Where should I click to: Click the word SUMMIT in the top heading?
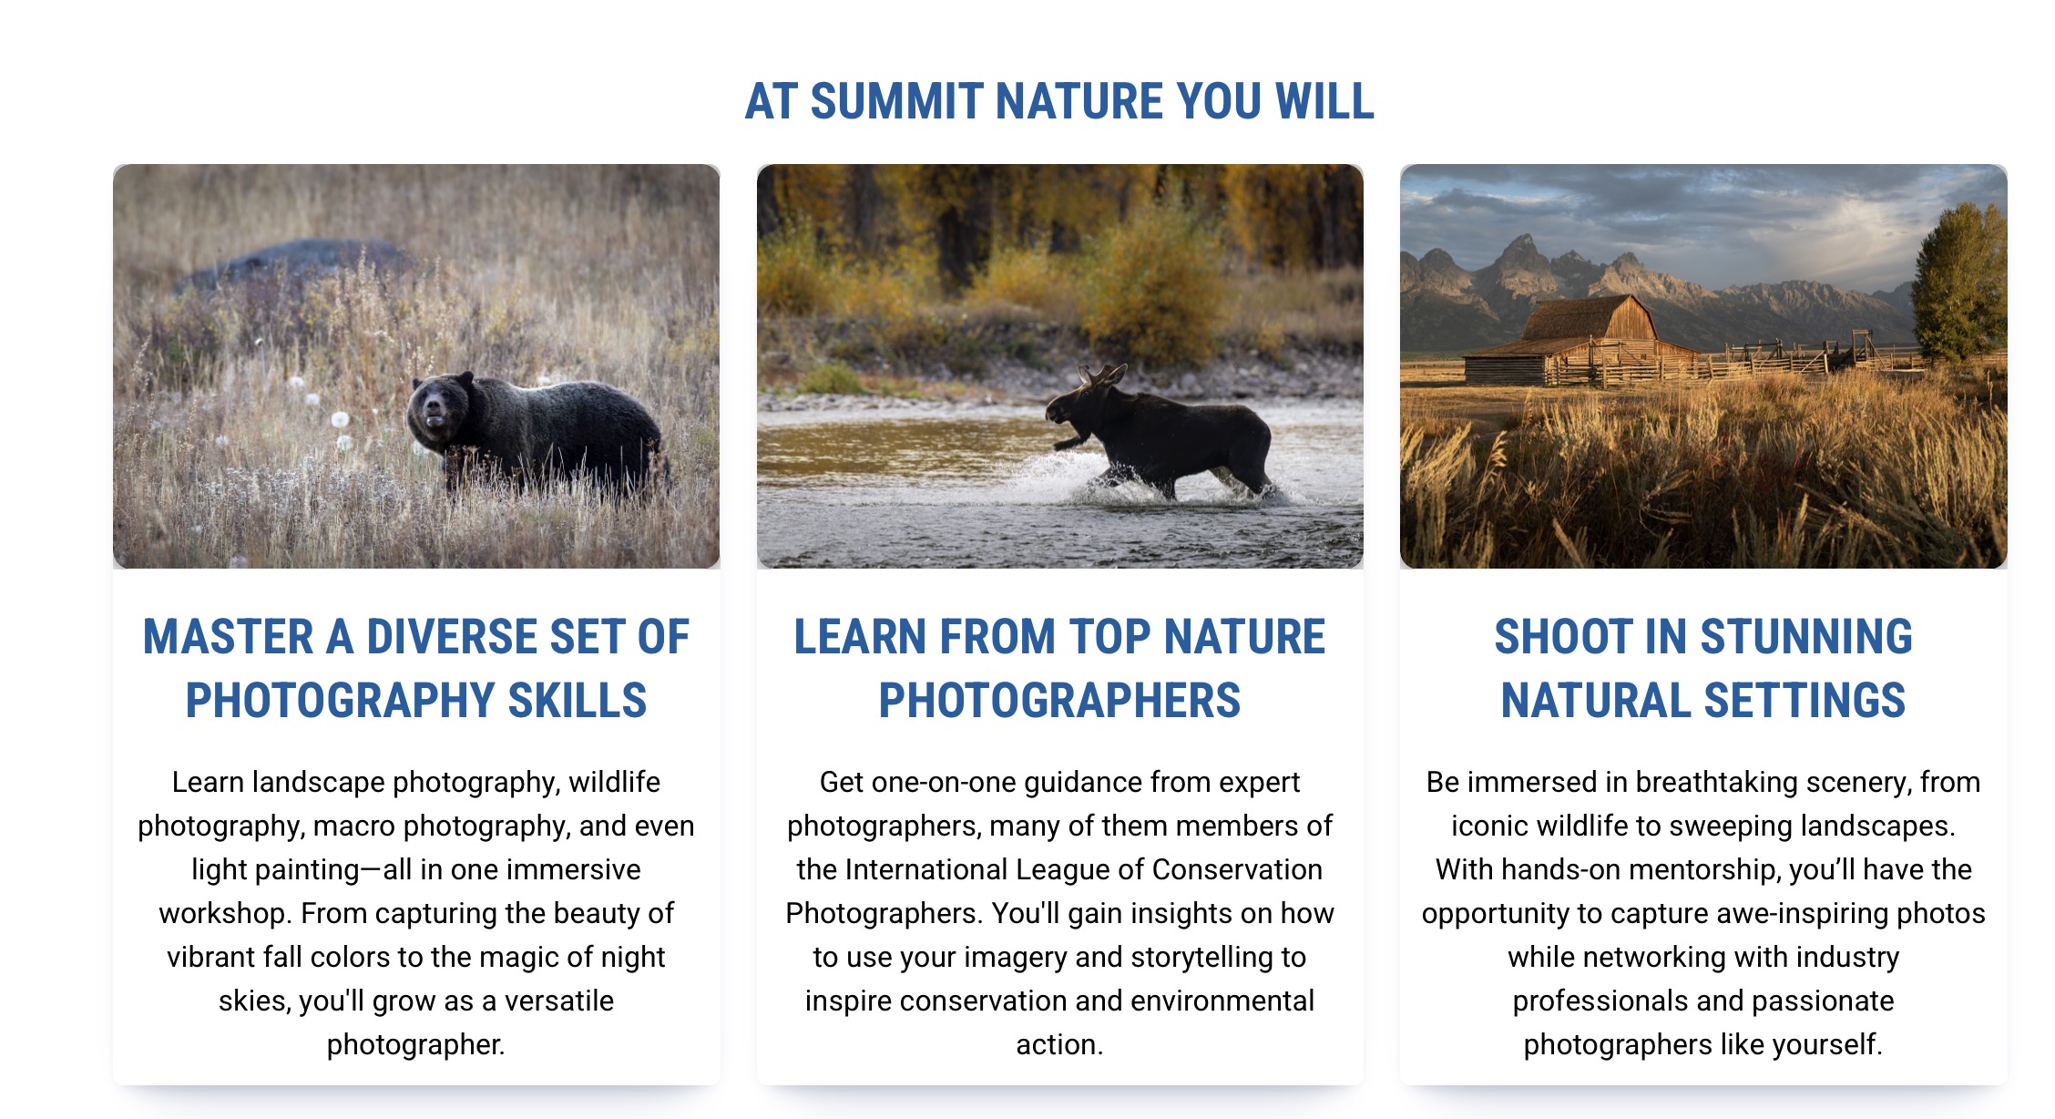click(896, 101)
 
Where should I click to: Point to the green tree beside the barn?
click(1958, 282)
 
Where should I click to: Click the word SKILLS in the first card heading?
click(578, 701)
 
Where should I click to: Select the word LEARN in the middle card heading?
click(861, 637)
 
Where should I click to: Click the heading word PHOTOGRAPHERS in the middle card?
click(1059, 701)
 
